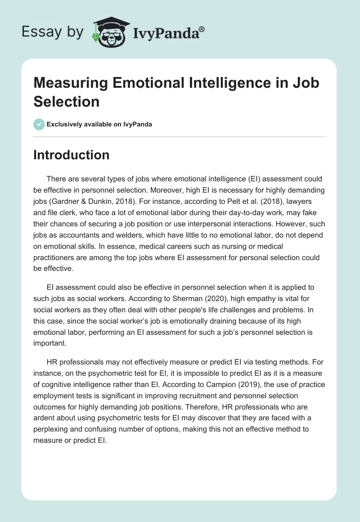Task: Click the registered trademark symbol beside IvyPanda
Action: click(x=202, y=29)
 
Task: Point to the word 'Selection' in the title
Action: click(x=66, y=101)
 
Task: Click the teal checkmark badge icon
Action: click(x=39, y=124)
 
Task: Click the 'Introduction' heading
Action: click(x=71, y=155)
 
